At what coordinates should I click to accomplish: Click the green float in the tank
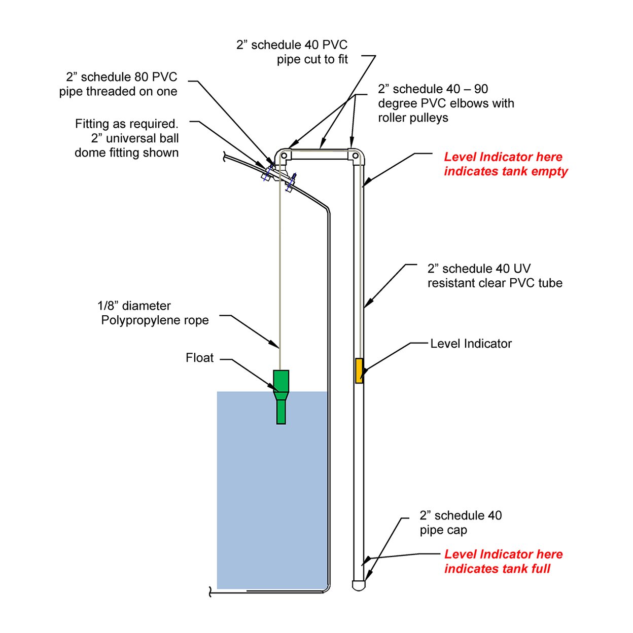tap(281, 396)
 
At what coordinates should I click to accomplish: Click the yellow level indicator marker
tap(359, 370)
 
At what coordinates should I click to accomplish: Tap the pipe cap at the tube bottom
tap(359, 585)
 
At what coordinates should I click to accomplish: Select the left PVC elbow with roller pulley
tap(283, 155)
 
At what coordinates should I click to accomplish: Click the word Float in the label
tap(199, 358)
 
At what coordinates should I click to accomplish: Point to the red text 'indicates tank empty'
tap(506, 171)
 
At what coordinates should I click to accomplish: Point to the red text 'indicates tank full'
tap(497, 569)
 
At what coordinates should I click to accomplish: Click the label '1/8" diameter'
tap(134, 306)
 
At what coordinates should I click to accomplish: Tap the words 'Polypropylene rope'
tap(155, 320)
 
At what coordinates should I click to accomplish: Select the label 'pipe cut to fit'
tap(312, 59)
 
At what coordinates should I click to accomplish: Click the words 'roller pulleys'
tap(413, 118)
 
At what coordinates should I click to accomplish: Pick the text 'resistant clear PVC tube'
tap(495, 283)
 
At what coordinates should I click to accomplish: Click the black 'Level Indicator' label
tap(471, 344)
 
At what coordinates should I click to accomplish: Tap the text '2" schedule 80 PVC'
tap(121, 77)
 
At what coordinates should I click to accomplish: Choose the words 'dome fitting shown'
tap(126, 153)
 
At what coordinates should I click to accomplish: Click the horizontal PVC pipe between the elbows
tap(320, 155)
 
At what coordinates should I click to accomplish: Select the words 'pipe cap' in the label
tap(443, 530)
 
